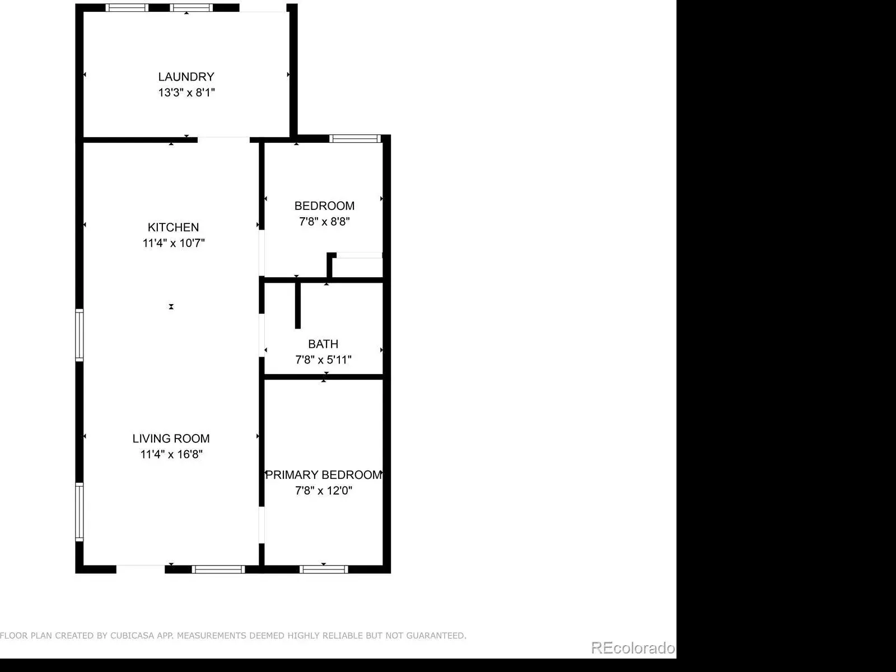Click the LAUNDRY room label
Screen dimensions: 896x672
coord(186,77)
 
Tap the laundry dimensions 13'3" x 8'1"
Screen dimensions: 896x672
coord(186,92)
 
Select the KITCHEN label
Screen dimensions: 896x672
coord(173,227)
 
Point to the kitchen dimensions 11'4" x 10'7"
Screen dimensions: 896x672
coord(174,243)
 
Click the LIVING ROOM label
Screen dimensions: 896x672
coord(171,438)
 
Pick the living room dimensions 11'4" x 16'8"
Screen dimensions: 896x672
coord(171,455)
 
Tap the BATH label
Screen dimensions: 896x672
coord(323,344)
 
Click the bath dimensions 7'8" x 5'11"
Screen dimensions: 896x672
coord(323,360)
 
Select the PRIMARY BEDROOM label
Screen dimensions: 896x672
coord(324,475)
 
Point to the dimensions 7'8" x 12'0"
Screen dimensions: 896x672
coord(324,491)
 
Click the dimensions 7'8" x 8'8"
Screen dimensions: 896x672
coord(324,222)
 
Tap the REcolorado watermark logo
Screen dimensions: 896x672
coord(633,648)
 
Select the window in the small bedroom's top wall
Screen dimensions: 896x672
coord(355,139)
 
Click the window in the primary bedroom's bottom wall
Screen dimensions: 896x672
coord(324,570)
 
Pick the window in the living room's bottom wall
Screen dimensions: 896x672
coord(218,570)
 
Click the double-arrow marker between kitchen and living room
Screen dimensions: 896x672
coord(171,306)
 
